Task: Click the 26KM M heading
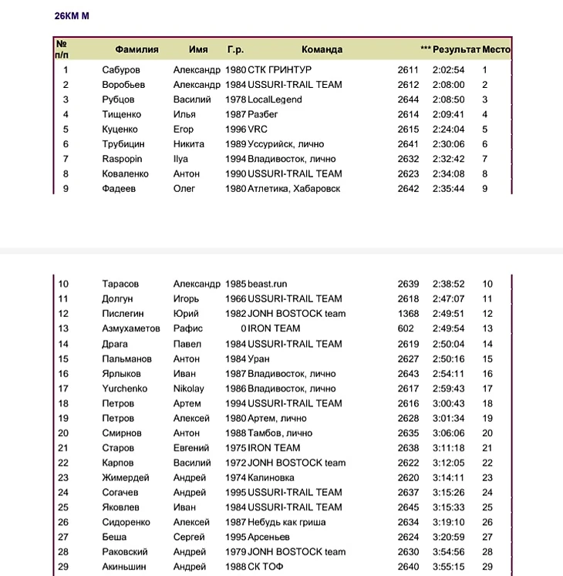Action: [72, 16]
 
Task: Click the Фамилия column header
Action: [137, 49]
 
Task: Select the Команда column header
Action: [322, 49]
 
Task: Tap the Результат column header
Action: [456, 49]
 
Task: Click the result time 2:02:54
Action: [448, 70]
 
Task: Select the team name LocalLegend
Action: [275, 99]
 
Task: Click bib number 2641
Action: [408, 144]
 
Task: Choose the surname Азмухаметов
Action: [131, 329]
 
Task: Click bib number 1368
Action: [408, 314]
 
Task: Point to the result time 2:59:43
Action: [448, 389]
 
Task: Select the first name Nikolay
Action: [189, 389]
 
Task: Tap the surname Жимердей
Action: [126, 478]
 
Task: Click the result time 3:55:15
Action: [448, 568]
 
